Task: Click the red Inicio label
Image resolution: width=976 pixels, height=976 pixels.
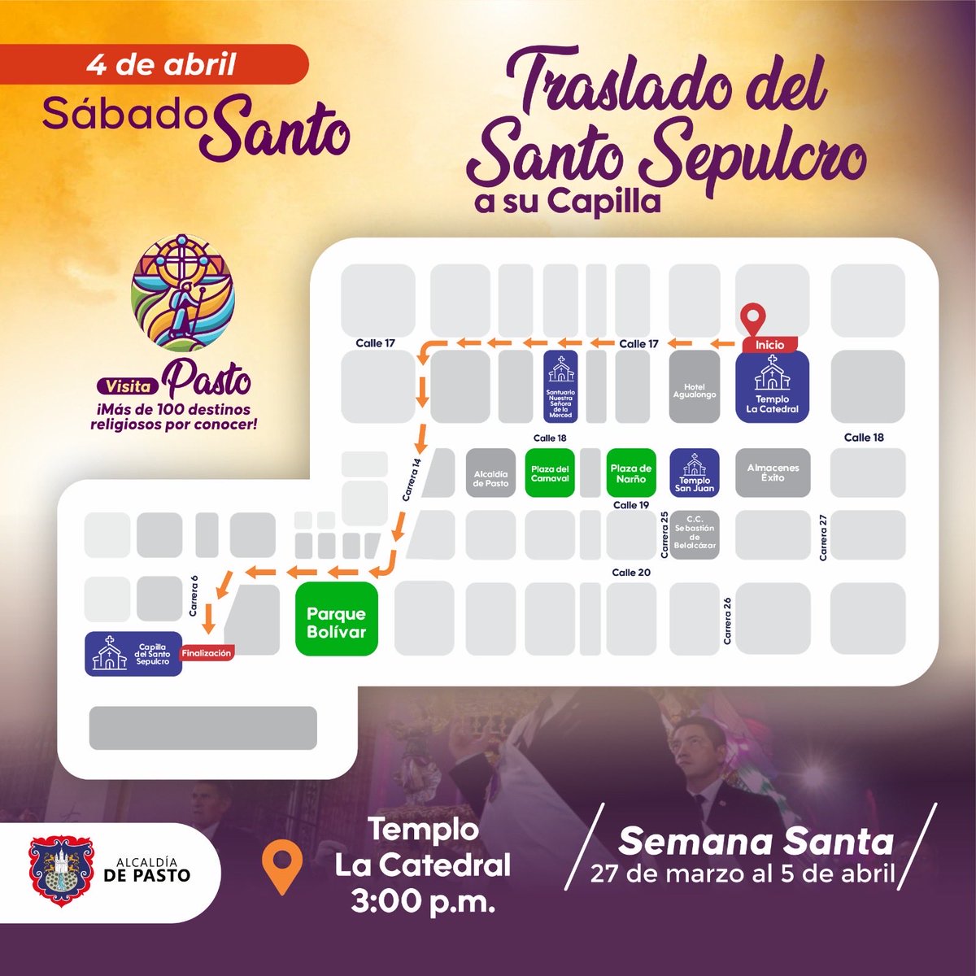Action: point(769,345)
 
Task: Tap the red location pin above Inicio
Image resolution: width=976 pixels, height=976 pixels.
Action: point(756,317)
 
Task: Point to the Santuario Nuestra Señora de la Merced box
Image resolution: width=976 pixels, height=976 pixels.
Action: point(560,386)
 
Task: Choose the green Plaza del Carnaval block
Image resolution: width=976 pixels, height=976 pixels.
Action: point(550,473)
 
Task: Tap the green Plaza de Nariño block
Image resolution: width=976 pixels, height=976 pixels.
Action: point(631,473)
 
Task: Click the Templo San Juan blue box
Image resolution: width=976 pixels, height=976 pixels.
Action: point(695,473)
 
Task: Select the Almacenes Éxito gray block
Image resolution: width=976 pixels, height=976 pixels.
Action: point(773,473)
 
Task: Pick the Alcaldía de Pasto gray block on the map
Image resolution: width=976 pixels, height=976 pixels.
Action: point(490,473)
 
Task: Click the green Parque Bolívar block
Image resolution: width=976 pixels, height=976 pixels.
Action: point(337,619)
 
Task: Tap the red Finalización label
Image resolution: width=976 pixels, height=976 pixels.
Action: point(207,653)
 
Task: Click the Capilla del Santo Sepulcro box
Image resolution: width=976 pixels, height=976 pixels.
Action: point(133,654)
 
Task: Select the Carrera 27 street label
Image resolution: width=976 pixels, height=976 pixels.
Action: point(823,537)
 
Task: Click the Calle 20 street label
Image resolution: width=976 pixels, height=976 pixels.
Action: point(631,573)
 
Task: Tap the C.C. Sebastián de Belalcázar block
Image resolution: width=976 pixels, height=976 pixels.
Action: point(695,533)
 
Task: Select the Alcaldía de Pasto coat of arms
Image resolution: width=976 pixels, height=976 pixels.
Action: point(57,871)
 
